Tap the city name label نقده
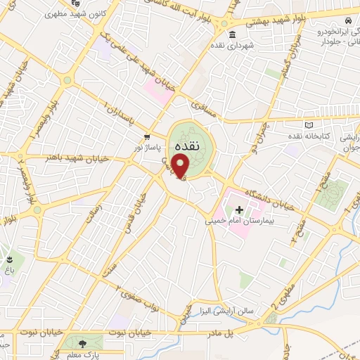[x=186, y=145]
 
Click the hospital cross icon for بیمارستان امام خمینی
[x=239, y=209]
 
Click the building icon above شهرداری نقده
[x=233, y=35]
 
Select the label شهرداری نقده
[x=236, y=46]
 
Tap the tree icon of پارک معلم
[x=83, y=344]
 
